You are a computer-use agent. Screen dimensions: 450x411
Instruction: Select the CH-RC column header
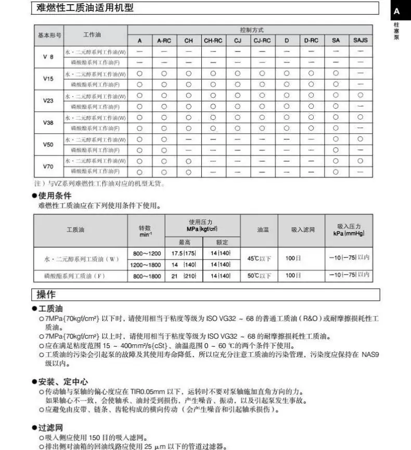[213, 40]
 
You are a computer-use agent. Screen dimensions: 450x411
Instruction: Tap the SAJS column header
[360, 40]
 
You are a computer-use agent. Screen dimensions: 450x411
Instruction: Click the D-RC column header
[311, 40]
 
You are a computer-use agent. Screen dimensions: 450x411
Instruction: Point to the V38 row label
[48, 123]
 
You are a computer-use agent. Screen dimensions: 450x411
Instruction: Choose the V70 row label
[48, 166]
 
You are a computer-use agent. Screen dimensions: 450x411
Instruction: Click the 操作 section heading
[46, 294]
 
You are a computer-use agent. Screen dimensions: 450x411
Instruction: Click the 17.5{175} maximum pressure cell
[184, 253]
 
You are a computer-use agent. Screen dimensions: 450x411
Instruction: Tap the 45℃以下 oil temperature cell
[259, 259]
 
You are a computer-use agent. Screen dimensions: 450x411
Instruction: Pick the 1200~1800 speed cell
[147, 265]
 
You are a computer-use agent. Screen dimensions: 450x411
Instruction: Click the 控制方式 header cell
[251, 30]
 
